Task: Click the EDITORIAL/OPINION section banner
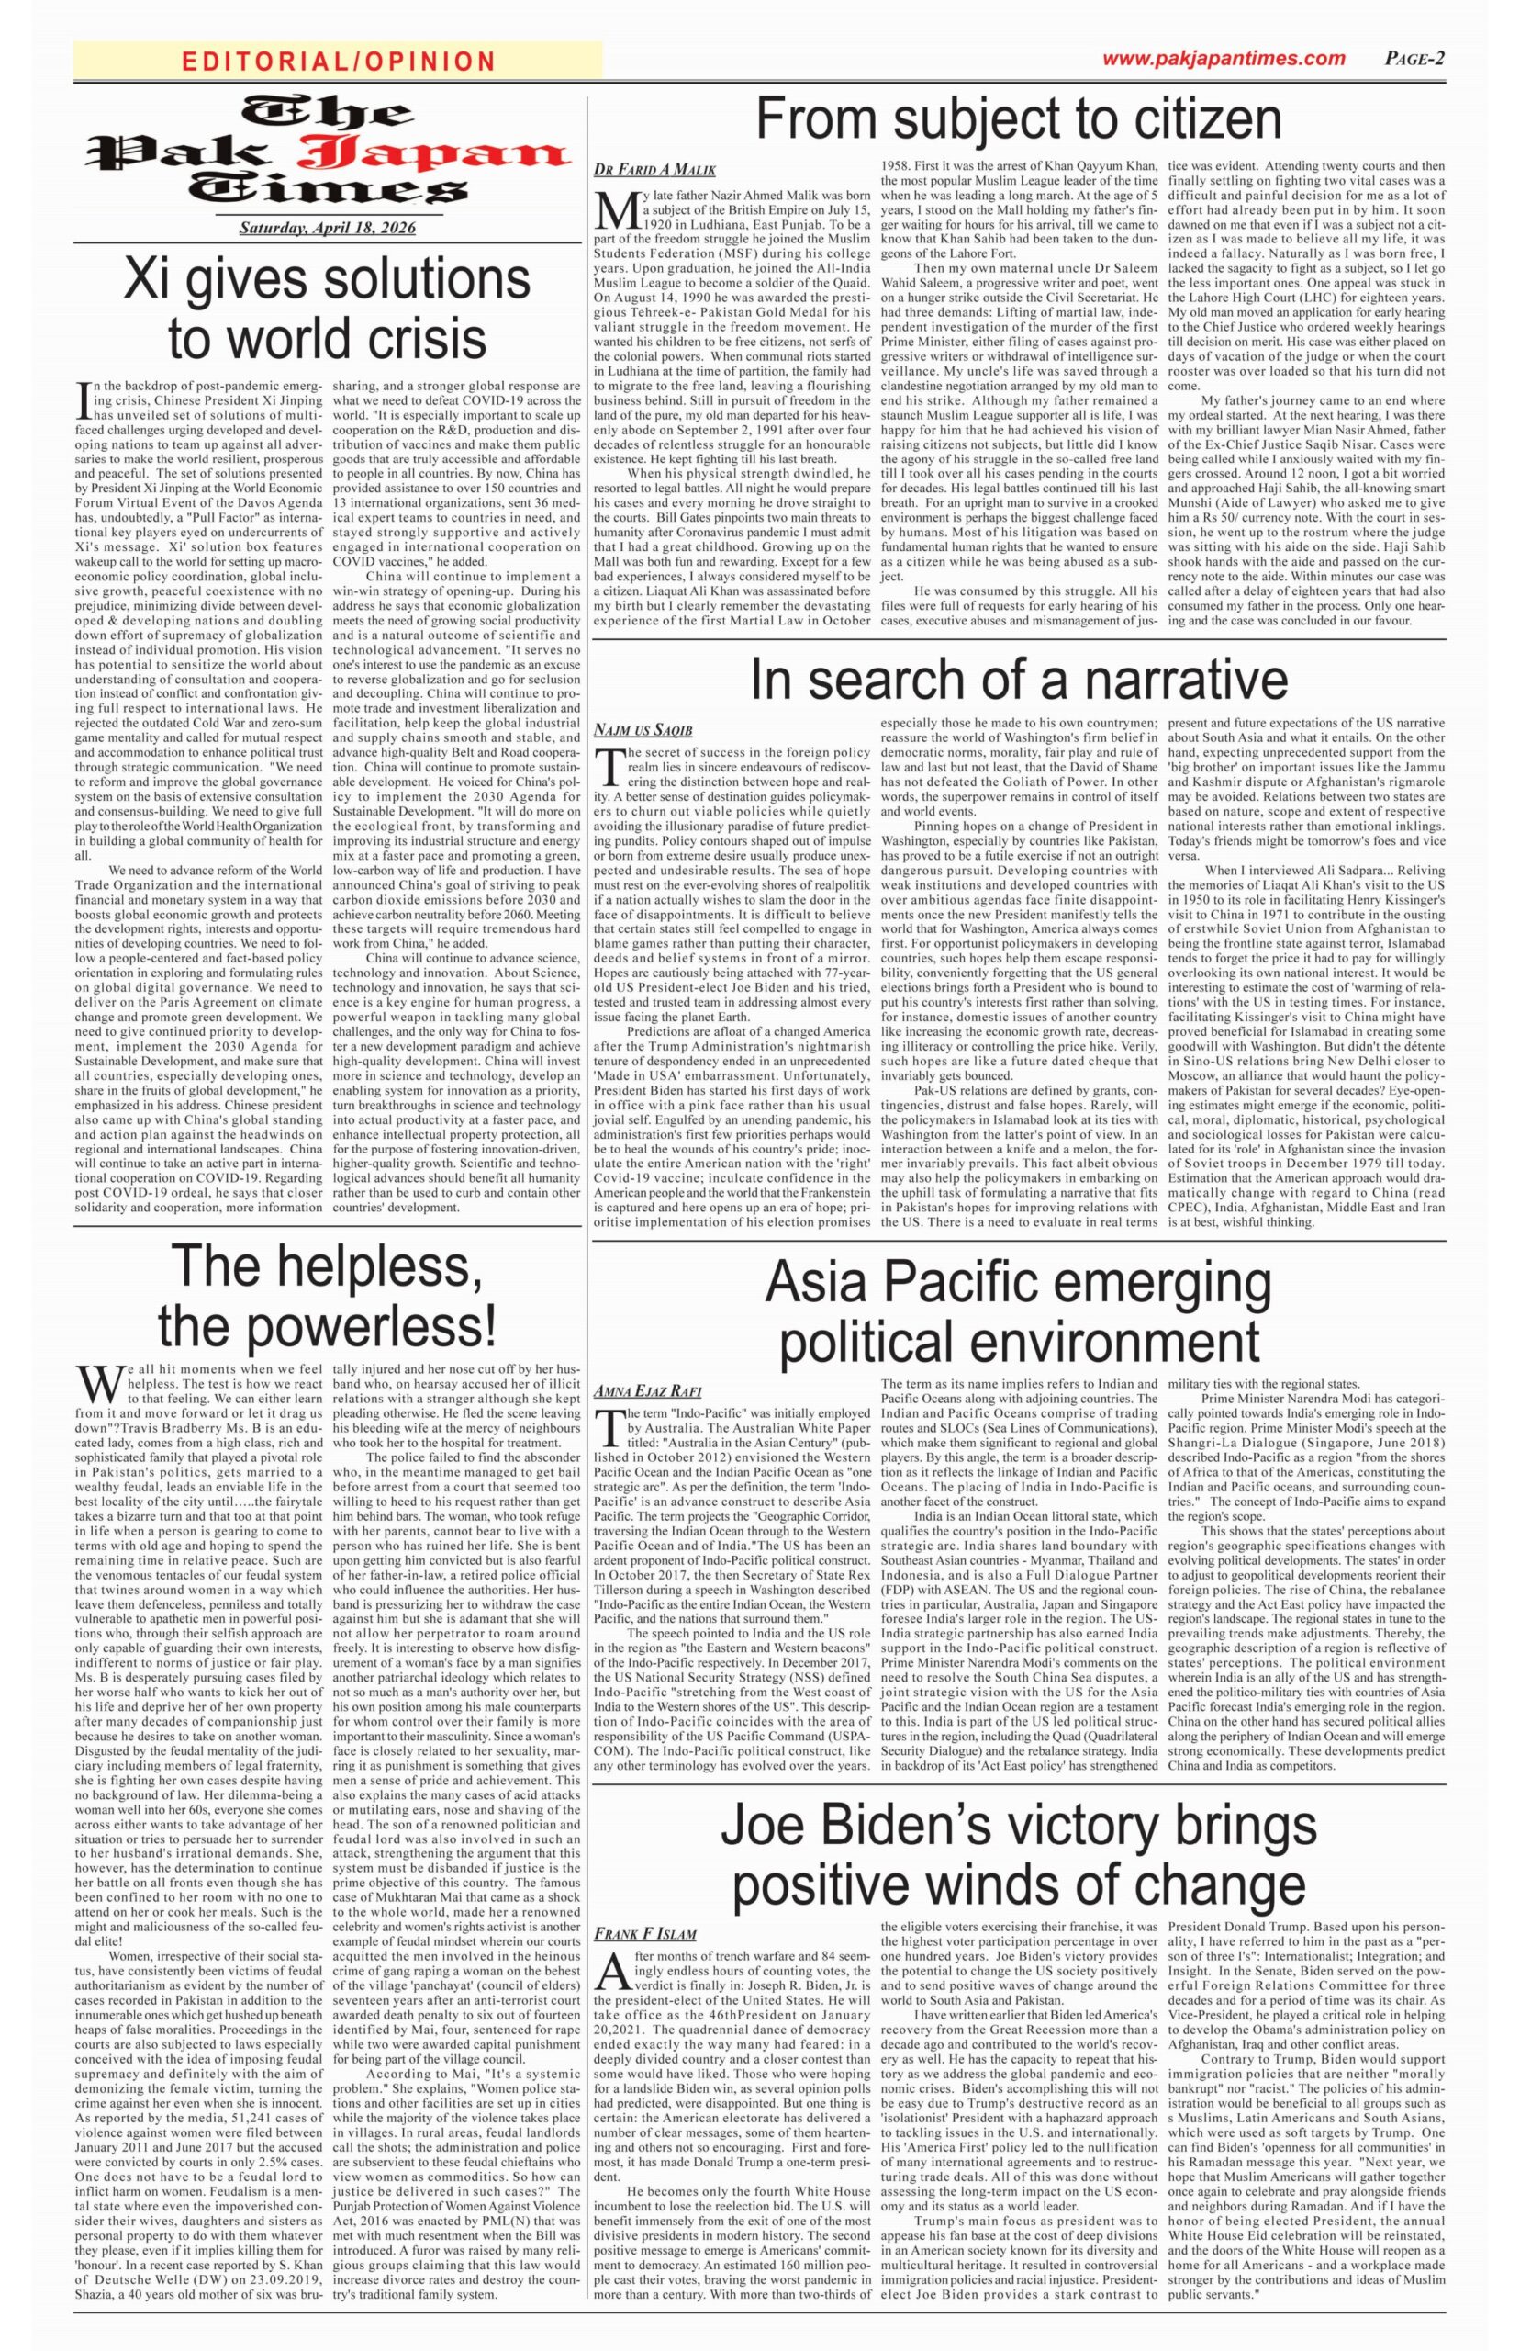(339, 62)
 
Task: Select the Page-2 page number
(1415, 58)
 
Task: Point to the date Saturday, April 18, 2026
(328, 228)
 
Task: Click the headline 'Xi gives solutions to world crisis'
(326, 307)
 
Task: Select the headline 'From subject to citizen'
(1018, 119)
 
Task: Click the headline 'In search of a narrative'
(1019, 680)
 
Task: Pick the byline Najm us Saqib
(643, 730)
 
